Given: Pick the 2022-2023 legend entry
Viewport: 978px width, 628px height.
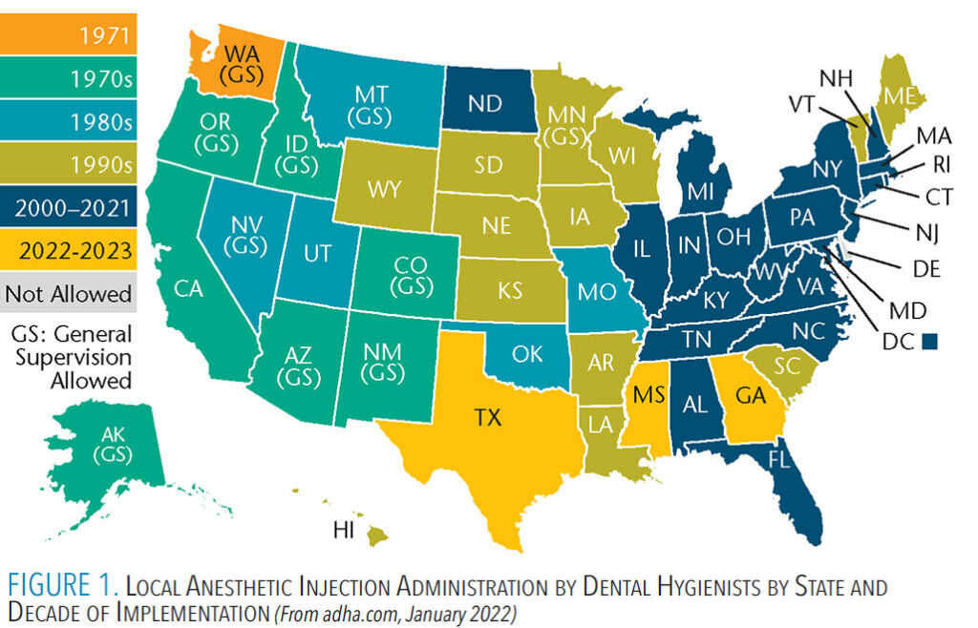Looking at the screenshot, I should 69,251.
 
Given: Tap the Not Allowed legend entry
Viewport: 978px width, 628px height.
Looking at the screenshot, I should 69,293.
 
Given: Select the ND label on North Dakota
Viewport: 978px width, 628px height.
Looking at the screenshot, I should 486,102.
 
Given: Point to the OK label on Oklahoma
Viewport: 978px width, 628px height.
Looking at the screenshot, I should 525,354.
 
